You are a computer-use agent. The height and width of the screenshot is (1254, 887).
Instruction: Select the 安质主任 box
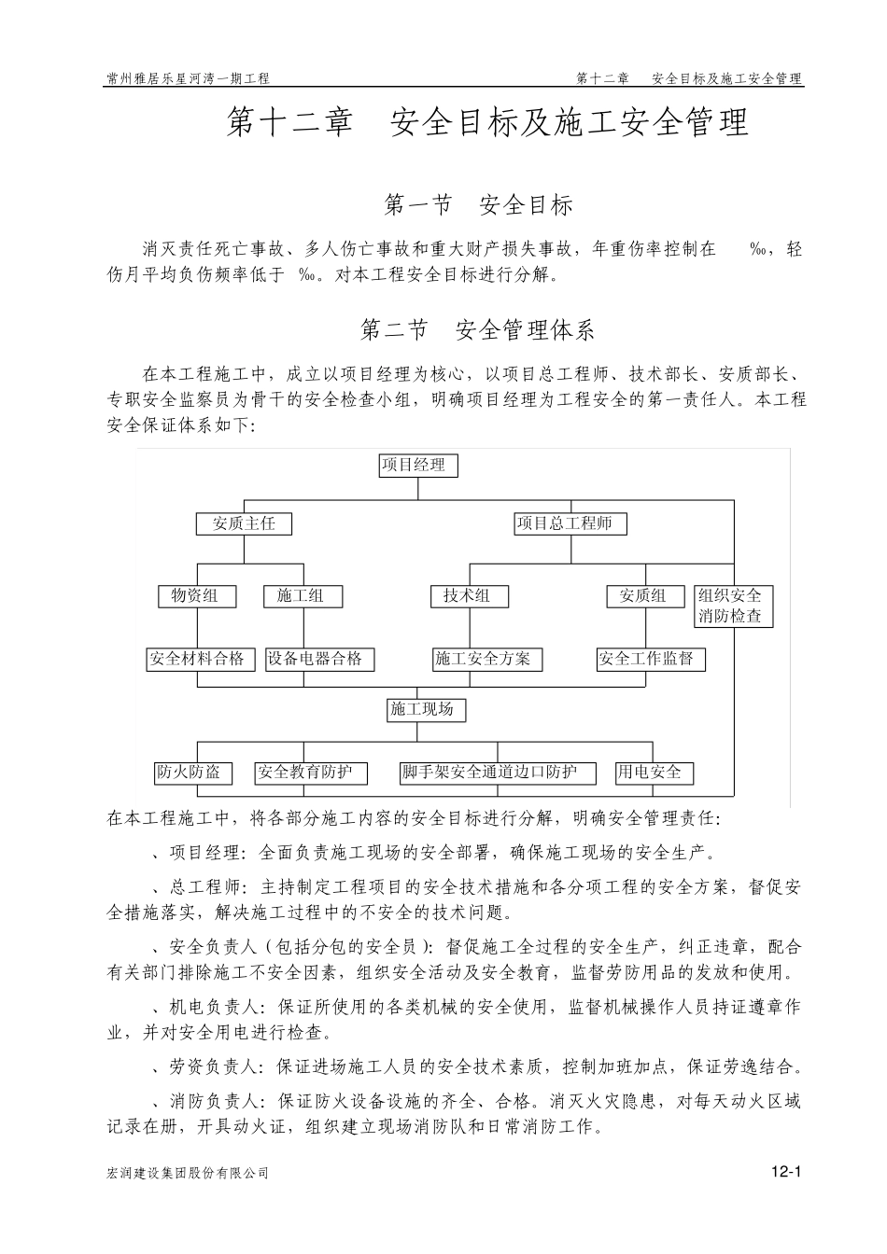tap(244, 523)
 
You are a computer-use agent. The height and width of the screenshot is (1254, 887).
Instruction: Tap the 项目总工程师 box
tap(570, 523)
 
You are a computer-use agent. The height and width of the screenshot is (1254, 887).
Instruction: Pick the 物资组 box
tap(196, 596)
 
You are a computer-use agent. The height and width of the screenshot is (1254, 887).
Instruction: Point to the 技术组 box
tap(469, 596)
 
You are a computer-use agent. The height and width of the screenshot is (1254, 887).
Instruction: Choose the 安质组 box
tap(643, 596)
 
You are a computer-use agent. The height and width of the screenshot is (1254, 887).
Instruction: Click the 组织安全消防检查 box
tap(733, 606)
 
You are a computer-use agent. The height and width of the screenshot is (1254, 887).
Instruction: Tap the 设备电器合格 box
tap(318, 659)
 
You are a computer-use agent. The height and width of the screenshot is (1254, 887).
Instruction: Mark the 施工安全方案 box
tap(486, 659)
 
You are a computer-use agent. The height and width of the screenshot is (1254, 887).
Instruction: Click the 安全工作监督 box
tap(650, 659)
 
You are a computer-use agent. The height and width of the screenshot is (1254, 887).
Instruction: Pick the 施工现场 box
tap(425, 710)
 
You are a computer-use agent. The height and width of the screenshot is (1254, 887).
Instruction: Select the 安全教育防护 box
tap(311, 773)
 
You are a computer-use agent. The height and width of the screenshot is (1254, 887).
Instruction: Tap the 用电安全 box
tap(653, 773)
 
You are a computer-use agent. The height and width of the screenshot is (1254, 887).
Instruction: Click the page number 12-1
tap(787, 1173)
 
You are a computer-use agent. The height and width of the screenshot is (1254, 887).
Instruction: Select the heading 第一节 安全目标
tap(478, 205)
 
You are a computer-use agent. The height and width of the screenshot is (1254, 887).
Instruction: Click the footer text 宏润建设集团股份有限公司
tap(189, 1174)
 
